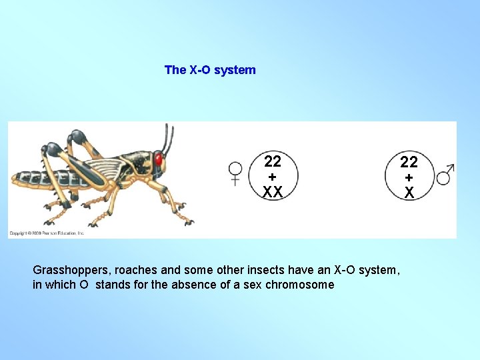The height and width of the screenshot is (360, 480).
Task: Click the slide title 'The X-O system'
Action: tap(210, 70)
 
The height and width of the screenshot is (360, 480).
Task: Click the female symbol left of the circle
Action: tap(235, 173)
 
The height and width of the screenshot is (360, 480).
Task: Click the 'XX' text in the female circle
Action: tap(272, 192)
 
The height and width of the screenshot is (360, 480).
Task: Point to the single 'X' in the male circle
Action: tap(409, 193)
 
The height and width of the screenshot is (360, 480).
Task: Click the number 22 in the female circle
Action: tap(272, 161)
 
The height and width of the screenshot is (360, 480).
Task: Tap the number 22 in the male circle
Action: tap(409, 162)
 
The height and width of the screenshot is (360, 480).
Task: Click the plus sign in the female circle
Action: tap(272, 177)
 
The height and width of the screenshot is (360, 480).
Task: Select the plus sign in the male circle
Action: tap(409, 177)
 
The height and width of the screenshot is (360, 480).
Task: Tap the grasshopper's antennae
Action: tap(167, 137)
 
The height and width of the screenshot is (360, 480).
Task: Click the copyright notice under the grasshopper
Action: tap(47, 233)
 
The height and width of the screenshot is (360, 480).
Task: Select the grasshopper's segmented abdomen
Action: tap(40, 179)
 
